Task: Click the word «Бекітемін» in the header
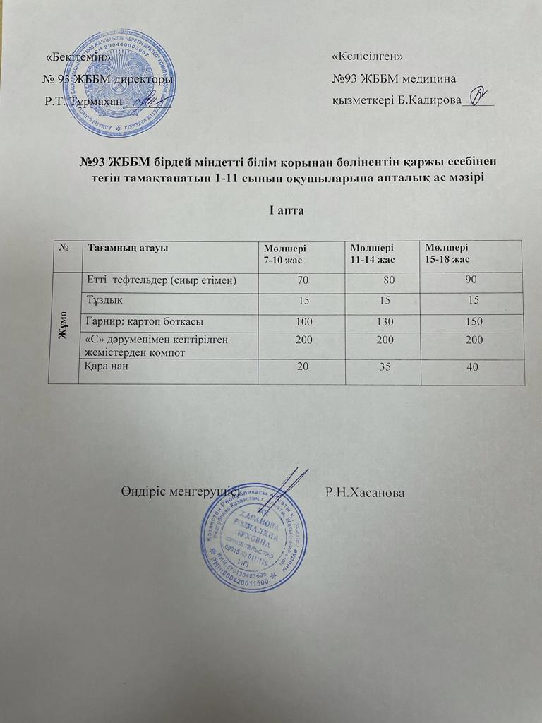pyautogui.click(x=78, y=56)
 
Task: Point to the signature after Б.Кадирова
pyautogui.click(x=478, y=94)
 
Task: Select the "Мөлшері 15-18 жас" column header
pyautogui.click(x=449, y=253)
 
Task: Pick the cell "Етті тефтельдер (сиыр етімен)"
pyautogui.click(x=160, y=281)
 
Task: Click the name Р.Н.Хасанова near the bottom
pyautogui.click(x=365, y=491)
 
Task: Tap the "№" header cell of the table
pyautogui.click(x=65, y=248)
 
